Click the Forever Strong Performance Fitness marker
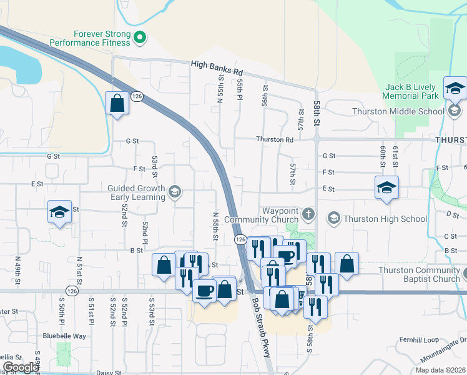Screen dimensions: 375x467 click(140, 37)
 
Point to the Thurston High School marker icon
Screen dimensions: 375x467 click(333, 218)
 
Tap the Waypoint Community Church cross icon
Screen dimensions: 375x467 click(308, 214)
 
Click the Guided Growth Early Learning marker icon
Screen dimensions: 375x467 click(175, 192)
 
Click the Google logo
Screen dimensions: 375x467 click(21, 368)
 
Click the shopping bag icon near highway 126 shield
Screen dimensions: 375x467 click(117, 102)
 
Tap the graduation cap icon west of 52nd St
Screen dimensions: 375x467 click(59, 212)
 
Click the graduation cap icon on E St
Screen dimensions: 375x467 click(386, 187)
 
